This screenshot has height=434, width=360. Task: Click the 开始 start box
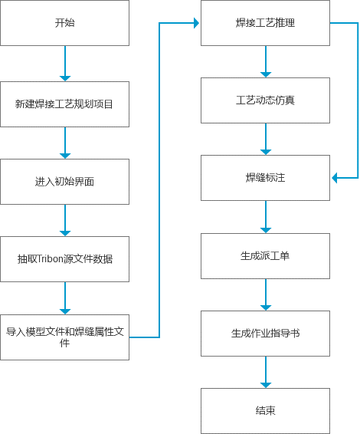click(x=64, y=23)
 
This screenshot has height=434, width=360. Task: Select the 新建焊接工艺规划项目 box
click(x=64, y=104)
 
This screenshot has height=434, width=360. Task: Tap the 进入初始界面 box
click(x=64, y=182)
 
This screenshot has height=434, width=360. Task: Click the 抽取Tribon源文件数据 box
click(x=64, y=259)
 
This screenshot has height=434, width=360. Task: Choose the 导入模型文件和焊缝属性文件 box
click(x=64, y=337)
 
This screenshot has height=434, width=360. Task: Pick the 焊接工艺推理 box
click(x=265, y=23)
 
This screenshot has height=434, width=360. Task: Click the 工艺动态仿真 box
click(x=265, y=100)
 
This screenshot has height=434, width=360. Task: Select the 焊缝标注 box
click(x=265, y=178)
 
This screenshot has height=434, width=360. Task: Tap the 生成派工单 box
click(x=265, y=255)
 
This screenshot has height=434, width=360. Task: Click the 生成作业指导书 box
click(x=265, y=334)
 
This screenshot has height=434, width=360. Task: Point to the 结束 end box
click(x=265, y=411)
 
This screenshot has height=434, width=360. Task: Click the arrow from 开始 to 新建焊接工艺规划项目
click(x=65, y=63)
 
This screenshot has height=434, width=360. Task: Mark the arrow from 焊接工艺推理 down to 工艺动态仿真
click(x=266, y=61)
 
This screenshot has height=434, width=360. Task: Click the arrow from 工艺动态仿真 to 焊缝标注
click(x=266, y=139)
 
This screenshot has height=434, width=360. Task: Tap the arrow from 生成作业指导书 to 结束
click(x=266, y=372)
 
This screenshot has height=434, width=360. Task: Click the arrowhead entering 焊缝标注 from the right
click(x=335, y=178)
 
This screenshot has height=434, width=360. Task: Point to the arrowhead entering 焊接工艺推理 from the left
click(x=195, y=23)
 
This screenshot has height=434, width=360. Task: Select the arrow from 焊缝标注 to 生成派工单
click(x=266, y=217)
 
